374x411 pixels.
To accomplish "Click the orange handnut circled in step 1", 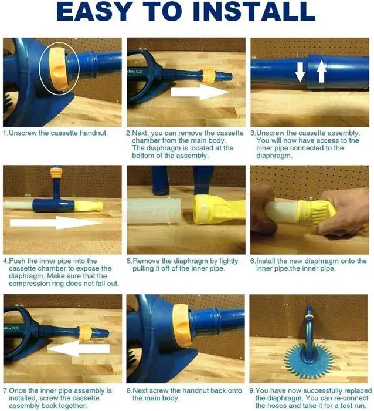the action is (59, 69).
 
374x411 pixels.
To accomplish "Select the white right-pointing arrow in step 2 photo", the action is (200, 92).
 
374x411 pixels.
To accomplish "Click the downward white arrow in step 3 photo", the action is (300, 72).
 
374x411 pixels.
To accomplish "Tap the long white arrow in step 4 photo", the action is (56, 223).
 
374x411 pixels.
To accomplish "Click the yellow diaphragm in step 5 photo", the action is (219, 210).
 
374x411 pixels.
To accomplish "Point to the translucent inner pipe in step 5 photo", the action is (154, 211).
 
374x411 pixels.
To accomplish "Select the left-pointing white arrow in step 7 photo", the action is (78, 349).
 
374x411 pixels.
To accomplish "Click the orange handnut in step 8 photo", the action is (181, 325).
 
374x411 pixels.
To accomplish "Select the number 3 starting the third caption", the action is (252, 133).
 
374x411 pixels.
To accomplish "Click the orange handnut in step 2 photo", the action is (209, 76).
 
